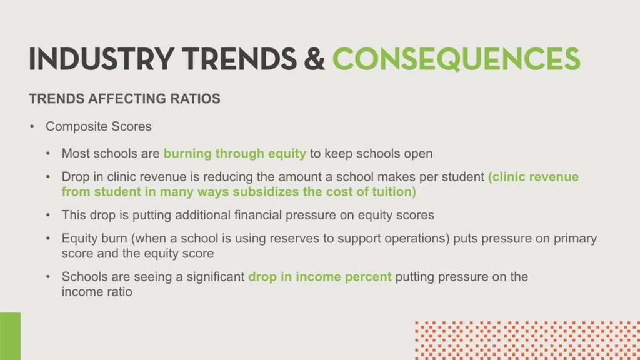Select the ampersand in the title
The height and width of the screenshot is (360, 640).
pos(314,59)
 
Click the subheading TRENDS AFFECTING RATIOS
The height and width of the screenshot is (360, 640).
pos(124,98)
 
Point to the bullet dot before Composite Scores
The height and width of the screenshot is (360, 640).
pos(32,126)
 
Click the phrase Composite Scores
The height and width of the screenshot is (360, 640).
pos(98,126)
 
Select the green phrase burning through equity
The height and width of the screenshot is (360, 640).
pos(235,154)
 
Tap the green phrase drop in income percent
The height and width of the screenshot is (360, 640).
pos(320,277)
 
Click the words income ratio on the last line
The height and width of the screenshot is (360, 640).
pos(97,292)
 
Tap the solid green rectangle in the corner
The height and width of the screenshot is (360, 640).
pos(10,336)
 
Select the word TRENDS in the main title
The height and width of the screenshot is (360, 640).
pos(239,59)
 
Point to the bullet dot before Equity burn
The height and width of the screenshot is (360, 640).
pos(48,238)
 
